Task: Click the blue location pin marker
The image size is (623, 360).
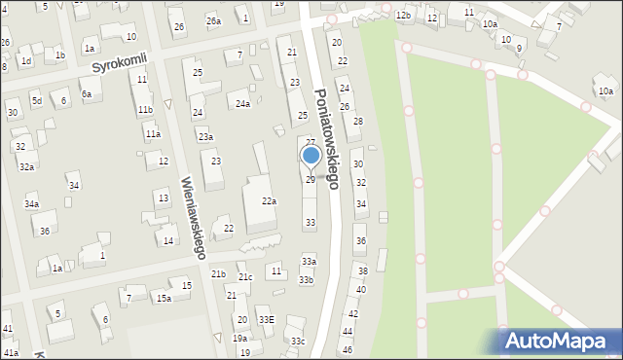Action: tap(311, 156)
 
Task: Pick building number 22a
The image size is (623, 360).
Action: tap(269, 201)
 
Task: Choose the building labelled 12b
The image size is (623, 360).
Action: tap(403, 16)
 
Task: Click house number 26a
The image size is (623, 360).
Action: tap(213, 20)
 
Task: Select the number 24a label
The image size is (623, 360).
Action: tap(242, 103)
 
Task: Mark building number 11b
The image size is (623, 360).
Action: tap(145, 110)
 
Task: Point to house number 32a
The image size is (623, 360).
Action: tap(26, 167)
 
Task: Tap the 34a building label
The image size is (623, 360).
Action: tap(32, 204)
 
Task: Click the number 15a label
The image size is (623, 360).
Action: tap(164, 298)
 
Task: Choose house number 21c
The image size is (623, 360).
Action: tap(246, 277)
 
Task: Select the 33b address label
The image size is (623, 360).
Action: tap(307, 280)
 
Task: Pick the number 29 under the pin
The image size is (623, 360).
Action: tap(311, 180)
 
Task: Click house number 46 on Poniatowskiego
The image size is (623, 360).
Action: tap(348, 349)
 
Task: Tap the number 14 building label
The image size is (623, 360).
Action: tap(168, 240)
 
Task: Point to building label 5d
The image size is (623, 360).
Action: tap(36, 100)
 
